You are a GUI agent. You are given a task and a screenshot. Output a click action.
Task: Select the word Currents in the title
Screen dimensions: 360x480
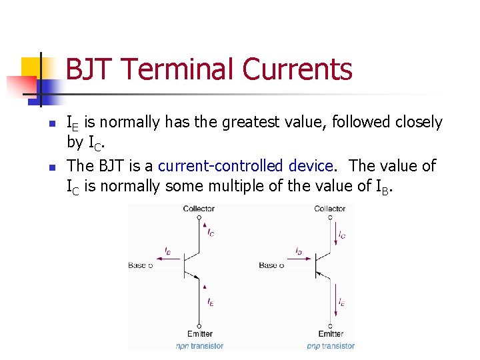pos(297,69)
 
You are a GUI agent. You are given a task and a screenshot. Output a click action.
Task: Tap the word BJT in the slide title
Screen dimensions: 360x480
pos(91,69)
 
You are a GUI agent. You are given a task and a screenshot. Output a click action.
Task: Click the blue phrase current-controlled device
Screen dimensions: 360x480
pos(245,165)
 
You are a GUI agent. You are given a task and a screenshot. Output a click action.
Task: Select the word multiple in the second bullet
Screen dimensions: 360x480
pos(252,186)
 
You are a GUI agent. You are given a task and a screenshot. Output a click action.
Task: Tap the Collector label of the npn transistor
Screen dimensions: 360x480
pos(199,209)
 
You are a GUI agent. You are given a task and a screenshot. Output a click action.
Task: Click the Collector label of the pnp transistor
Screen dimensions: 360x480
pos(330,209)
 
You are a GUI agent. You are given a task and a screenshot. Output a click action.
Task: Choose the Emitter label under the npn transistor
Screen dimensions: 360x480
pos(199,333)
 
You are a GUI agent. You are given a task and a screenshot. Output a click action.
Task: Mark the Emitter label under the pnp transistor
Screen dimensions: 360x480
pos(331,333)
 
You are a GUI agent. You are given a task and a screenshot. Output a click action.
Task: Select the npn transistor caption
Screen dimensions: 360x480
pos(199,345)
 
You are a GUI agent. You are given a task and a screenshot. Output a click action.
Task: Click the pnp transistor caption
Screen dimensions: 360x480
pos(331,345)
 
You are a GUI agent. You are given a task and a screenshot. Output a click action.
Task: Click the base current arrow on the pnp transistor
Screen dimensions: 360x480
pos(300,257)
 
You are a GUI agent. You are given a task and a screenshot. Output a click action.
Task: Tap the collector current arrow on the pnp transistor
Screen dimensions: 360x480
pos(333,235)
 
